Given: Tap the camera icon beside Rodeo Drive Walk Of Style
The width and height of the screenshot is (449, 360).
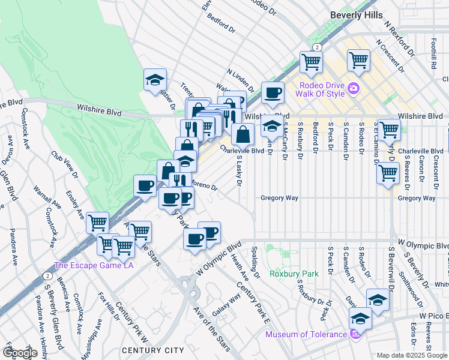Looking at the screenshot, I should (x=354, y=88).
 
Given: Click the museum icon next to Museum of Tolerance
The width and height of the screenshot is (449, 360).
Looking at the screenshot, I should (x=355, y=334).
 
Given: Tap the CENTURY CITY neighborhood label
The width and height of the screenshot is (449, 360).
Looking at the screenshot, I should (x=152, y=350).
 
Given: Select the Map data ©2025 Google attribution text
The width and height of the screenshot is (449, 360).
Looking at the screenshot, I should (x=412, y=355).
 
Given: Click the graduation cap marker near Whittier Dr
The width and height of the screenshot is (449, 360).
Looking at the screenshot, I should (x=154, y=79).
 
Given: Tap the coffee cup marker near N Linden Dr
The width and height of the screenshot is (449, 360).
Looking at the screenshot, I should (x=273, y=92).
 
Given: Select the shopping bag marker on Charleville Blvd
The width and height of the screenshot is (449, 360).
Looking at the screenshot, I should (x=243, y=133).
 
